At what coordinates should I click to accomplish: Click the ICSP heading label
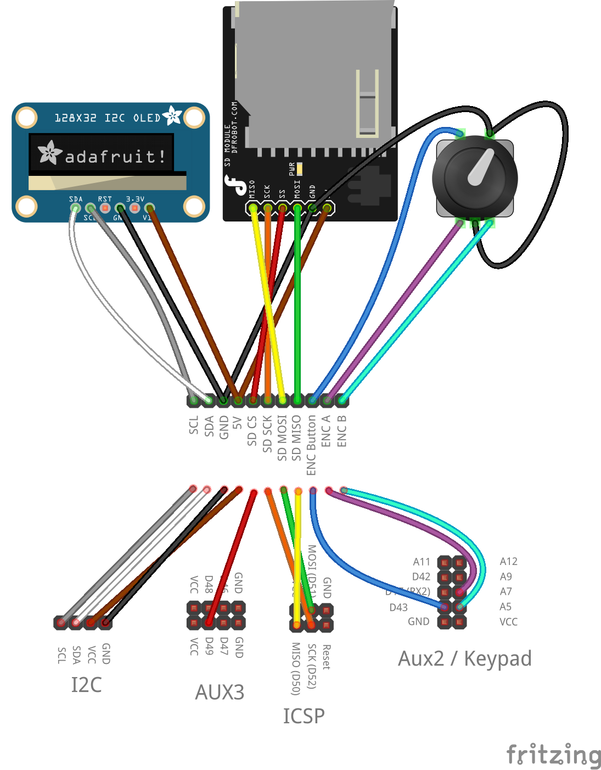304,716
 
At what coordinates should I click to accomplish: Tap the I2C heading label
86,685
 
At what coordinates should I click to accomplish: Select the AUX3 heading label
220,692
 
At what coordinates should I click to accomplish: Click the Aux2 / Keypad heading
464,658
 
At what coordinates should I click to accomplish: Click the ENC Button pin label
311,445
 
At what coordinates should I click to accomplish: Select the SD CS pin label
252,431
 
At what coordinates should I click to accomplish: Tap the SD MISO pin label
296,438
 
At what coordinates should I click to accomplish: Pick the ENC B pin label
341,431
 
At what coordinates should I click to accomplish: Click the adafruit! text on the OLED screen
115,157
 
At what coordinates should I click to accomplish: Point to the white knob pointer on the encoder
481,167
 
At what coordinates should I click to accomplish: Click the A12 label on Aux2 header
508,561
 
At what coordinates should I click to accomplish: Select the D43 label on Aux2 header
398,607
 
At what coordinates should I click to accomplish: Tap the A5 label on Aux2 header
505,607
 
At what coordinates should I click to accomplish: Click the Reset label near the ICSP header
326,657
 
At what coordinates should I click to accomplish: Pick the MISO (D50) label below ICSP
296,669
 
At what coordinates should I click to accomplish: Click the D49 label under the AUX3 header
209,646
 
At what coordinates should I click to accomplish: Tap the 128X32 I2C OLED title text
108,118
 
